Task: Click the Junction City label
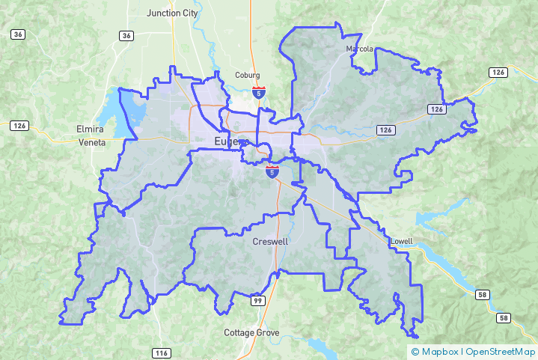pos(172,13)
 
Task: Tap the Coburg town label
pos(247,76)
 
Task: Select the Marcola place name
pos(359,49)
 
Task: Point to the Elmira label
pos(91,129)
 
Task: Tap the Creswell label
pos(270,242)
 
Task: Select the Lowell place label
pos(401,242)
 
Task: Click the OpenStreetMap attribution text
pos(501,351)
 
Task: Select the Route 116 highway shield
pos(161,353)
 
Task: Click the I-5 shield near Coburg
pos(258,92)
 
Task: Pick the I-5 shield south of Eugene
pos(271,172)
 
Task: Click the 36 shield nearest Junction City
pos(126,35)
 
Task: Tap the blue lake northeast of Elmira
pos(123,109)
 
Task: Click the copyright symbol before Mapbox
pos(415,351)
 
